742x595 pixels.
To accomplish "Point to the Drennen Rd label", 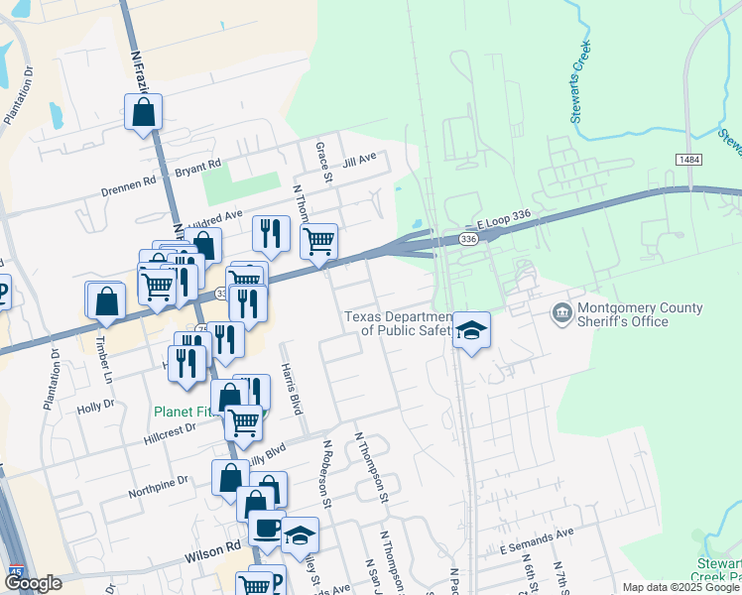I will point(129,183).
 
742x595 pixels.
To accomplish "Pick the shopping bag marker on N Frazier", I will point(143,114).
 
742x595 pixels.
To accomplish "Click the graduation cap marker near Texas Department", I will point(472,330).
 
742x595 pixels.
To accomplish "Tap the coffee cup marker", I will point(265,528).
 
